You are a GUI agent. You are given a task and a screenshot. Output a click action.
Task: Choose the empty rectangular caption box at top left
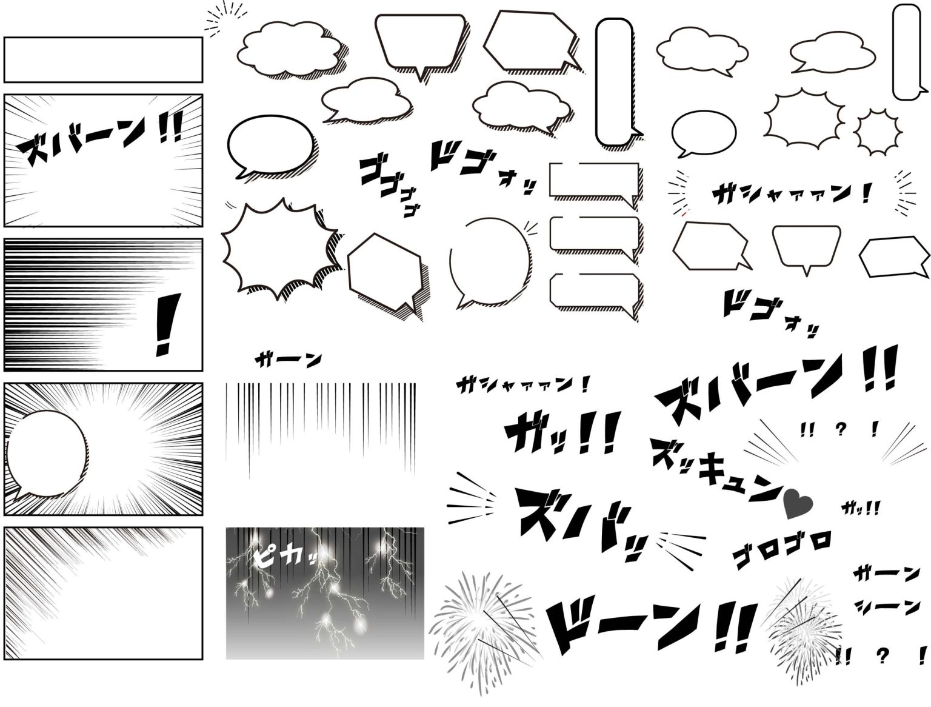(x=103, y=59)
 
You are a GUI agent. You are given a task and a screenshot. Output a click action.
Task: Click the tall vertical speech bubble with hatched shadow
(x=615, y=81)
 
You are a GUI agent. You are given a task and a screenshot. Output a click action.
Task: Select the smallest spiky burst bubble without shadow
(x=876, y=131)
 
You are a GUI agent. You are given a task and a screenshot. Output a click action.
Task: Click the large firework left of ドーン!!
(x=481, y=625)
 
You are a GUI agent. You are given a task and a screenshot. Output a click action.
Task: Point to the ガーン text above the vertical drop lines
(x=289, y=360)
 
